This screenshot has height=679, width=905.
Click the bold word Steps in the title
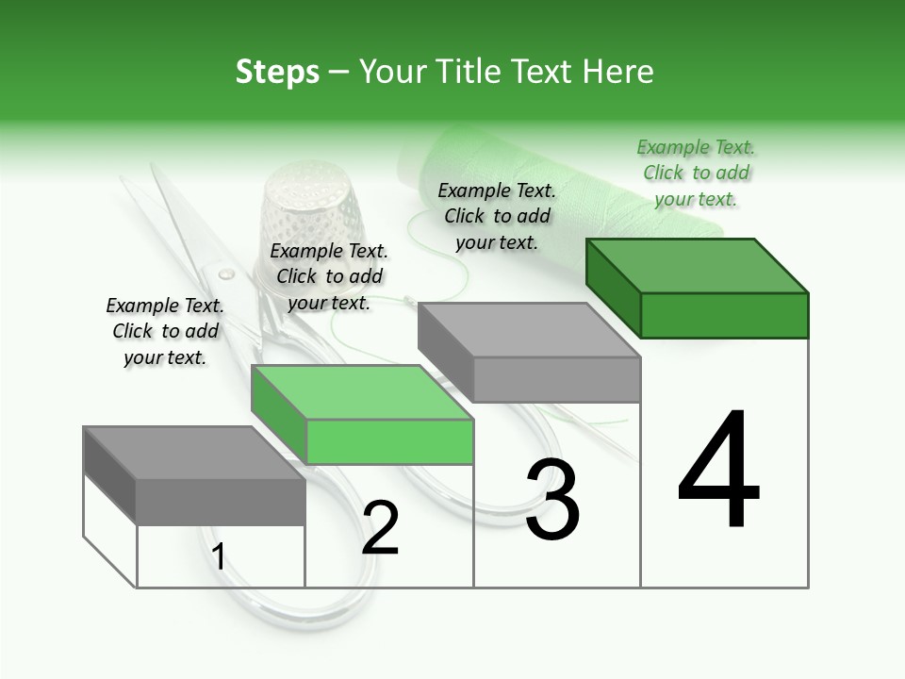(277, 72)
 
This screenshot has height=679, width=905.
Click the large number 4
(718, 471)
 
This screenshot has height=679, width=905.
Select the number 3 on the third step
(552, 500)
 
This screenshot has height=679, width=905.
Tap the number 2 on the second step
(381, 527)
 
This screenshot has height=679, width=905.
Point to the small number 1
(219, 556)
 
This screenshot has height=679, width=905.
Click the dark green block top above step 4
(698, 265)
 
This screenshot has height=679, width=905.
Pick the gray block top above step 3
(528, 330)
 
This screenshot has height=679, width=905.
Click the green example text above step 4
(696, 173)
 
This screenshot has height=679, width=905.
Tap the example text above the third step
(497, 216)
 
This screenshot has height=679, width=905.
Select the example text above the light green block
(329, 276)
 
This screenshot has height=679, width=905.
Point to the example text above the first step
(165, 331)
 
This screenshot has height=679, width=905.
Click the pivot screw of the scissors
(226, 274)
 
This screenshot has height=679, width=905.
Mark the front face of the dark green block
(724, 315)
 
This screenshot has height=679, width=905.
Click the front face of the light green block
(389, 442)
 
